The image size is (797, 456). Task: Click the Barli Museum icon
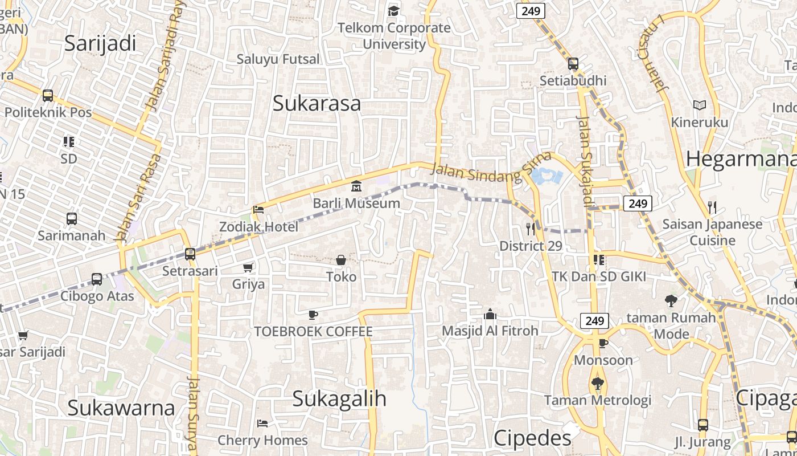(356, 186)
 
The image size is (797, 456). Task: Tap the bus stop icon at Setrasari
(190, 254)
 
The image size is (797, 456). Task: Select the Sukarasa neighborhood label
(317, 103)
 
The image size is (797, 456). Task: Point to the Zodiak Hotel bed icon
(258, 210)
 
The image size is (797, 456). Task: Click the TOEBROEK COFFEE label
(313, 331)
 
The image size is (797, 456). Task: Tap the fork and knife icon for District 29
(531, 229)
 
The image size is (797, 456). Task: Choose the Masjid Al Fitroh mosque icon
(490, 314)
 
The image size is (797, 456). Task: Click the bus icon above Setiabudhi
(573, 64)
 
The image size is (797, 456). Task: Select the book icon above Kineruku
(699, 105)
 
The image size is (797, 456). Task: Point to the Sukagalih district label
(339, 399)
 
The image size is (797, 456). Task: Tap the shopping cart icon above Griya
(248, 267)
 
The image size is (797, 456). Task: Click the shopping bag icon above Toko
(341, 260)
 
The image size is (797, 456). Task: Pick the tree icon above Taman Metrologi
(597, 383)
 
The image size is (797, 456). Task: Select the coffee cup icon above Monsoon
(603, 343)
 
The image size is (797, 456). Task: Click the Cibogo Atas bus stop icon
(97, 279)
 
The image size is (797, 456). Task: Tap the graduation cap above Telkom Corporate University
(393, 11)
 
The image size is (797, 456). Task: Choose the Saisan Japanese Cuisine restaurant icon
(712, 207)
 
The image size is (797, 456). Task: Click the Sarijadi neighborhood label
(100, 43)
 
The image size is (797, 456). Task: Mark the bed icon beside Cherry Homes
(262, 423)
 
